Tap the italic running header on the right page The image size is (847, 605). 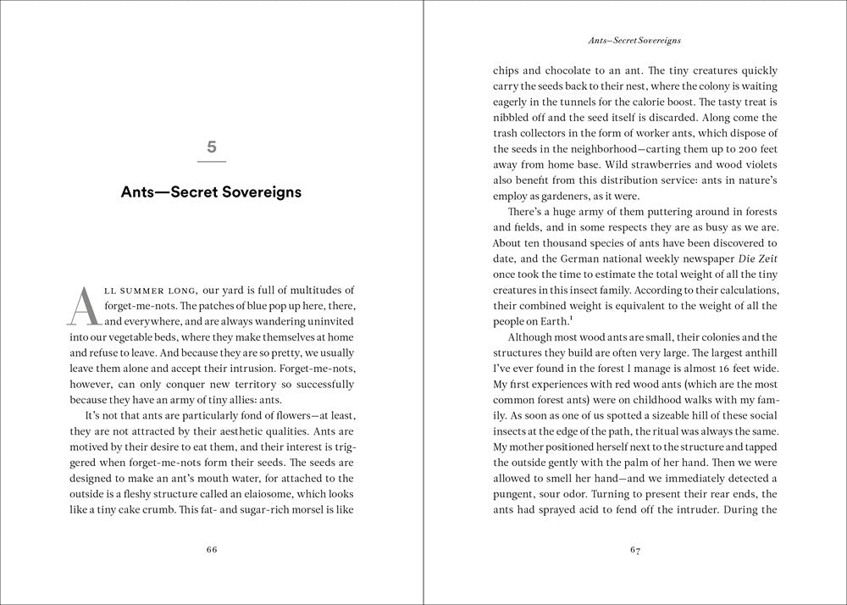pyautogui.click(x=635, y=40)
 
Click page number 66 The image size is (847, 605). pyautogui.click(x=212, y=549)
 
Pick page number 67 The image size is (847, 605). pyautogui.click(x=635, y=549)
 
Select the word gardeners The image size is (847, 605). pyautogui.click(x=573, y=197)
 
